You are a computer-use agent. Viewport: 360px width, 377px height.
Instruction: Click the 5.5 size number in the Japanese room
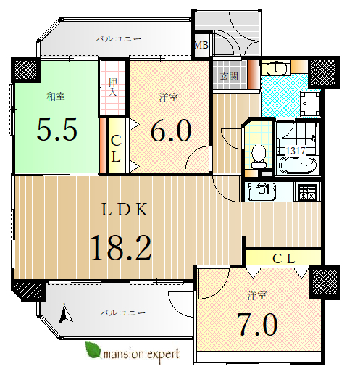(57, 130)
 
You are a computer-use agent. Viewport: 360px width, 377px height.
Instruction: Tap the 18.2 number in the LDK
(121, 248)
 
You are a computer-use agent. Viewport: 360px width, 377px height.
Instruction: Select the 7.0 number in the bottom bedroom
(257, 325)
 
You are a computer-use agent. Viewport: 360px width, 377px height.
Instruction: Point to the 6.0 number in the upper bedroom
(171, 130)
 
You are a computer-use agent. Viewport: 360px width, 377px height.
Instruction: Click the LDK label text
(125, 210)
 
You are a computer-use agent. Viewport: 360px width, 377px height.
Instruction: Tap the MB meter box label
(201, 45)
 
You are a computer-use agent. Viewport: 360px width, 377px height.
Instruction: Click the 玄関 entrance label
(229, 76)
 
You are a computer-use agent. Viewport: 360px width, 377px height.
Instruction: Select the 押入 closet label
(113, 88)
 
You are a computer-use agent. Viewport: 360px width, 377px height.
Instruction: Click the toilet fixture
(259, 156)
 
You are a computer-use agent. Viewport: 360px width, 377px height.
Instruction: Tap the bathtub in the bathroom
(298, 165)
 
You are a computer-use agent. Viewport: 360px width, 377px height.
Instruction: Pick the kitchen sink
(262, 191)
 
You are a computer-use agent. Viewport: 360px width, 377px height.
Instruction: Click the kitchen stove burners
(307, 192)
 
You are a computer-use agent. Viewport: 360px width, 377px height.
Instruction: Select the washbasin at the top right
(277, 67)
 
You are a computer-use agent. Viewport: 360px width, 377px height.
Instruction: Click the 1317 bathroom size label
(296, 151)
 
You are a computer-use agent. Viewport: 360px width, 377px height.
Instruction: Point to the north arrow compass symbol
(65, 313)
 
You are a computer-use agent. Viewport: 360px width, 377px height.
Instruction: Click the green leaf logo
(93, 349)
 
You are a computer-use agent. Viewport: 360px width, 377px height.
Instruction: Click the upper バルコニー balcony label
(118, 38)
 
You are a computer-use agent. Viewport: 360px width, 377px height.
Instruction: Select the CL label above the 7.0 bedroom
(284, 259)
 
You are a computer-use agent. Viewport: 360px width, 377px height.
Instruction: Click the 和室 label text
(56, 96)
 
